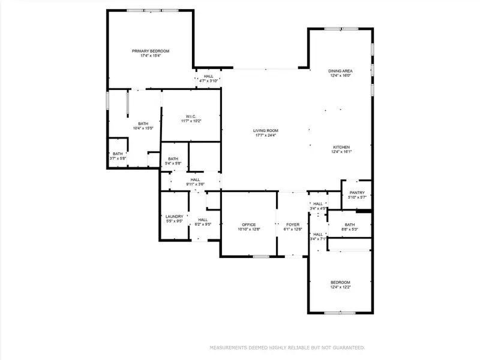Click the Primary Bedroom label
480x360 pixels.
click(x=151, y=52)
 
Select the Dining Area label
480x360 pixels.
click(x=340, y=71)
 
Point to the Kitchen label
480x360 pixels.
click(x=341, y=147)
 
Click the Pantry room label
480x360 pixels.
click(x=357, y=193)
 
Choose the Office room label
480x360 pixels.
click(x=249, y=224)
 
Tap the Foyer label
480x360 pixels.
click(x=292, y=224)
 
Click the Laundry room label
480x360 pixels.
click(x=174, y=217)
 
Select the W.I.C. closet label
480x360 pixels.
click(x=191, y=116)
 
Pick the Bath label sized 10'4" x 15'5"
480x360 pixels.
click(x=143, y=124)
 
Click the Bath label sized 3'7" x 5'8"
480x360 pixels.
click(x=118, y=154)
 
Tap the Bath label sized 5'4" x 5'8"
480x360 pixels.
click(x=173, y=159)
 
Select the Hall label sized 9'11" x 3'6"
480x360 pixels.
click(x=195, y=179)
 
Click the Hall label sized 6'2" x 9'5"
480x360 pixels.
click(x=203, y=220)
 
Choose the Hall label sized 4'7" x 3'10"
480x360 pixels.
click(x=208, y=77)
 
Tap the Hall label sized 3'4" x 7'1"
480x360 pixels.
click(x=318, y=235)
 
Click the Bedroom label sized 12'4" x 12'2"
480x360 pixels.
click(x=340, y=283)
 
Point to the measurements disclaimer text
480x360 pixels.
click(x=286, y=347)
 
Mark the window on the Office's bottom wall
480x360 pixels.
click(x=261, y=257)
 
